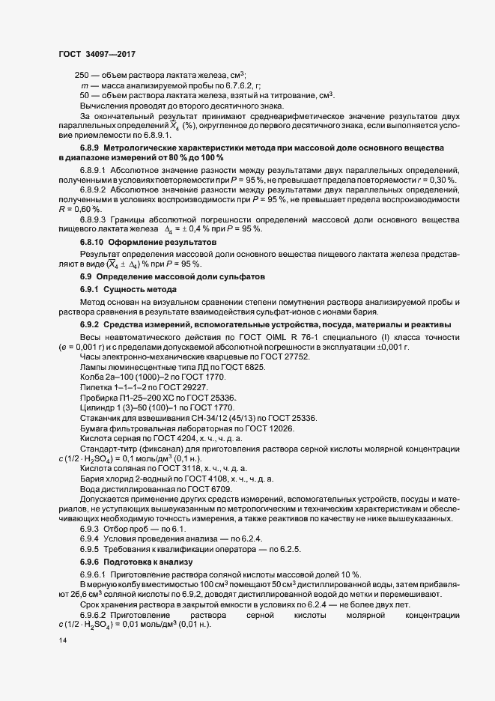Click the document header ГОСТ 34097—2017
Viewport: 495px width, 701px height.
96,55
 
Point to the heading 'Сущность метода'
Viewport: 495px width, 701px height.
142,289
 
